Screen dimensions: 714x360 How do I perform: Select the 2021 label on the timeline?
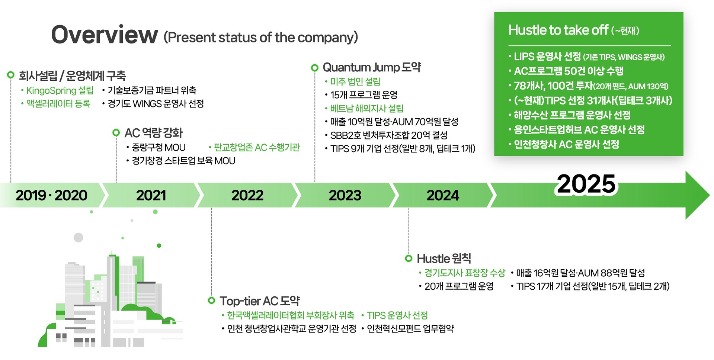151,195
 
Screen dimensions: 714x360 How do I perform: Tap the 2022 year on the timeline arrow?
247,195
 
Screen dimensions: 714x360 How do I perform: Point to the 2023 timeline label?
345,195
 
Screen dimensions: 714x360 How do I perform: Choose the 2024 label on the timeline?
443,195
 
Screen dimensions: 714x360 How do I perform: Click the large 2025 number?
586,184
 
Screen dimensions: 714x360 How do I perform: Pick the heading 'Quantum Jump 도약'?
372,67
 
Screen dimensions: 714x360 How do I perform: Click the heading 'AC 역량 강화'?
153,133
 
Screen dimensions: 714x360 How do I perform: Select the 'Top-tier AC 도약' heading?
259,300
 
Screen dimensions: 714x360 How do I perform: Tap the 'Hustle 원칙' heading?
444,258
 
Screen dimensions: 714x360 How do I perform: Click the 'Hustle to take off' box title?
558,30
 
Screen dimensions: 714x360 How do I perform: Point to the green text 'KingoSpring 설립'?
60,90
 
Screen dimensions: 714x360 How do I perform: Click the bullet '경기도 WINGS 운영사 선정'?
156,103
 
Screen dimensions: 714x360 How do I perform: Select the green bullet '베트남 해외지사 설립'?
366,108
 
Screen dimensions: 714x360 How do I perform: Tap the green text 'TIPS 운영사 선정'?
397,315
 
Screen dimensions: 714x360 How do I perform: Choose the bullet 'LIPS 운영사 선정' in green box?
547,57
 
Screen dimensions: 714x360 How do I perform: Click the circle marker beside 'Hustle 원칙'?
409,258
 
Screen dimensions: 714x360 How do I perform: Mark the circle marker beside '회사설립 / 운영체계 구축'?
11,75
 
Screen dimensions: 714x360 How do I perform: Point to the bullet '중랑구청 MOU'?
159,148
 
